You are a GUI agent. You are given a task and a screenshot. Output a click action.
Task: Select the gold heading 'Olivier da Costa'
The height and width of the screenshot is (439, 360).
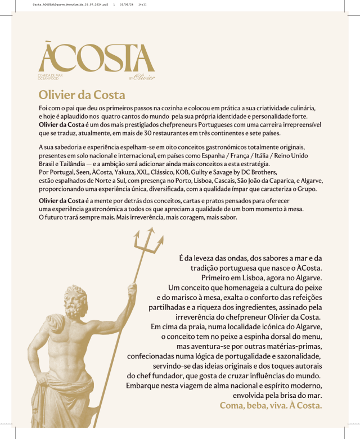82,93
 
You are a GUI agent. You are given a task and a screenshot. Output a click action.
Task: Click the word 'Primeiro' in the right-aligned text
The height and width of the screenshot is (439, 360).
217,278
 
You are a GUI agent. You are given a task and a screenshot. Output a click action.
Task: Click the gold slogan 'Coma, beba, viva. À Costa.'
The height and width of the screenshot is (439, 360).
271,405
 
